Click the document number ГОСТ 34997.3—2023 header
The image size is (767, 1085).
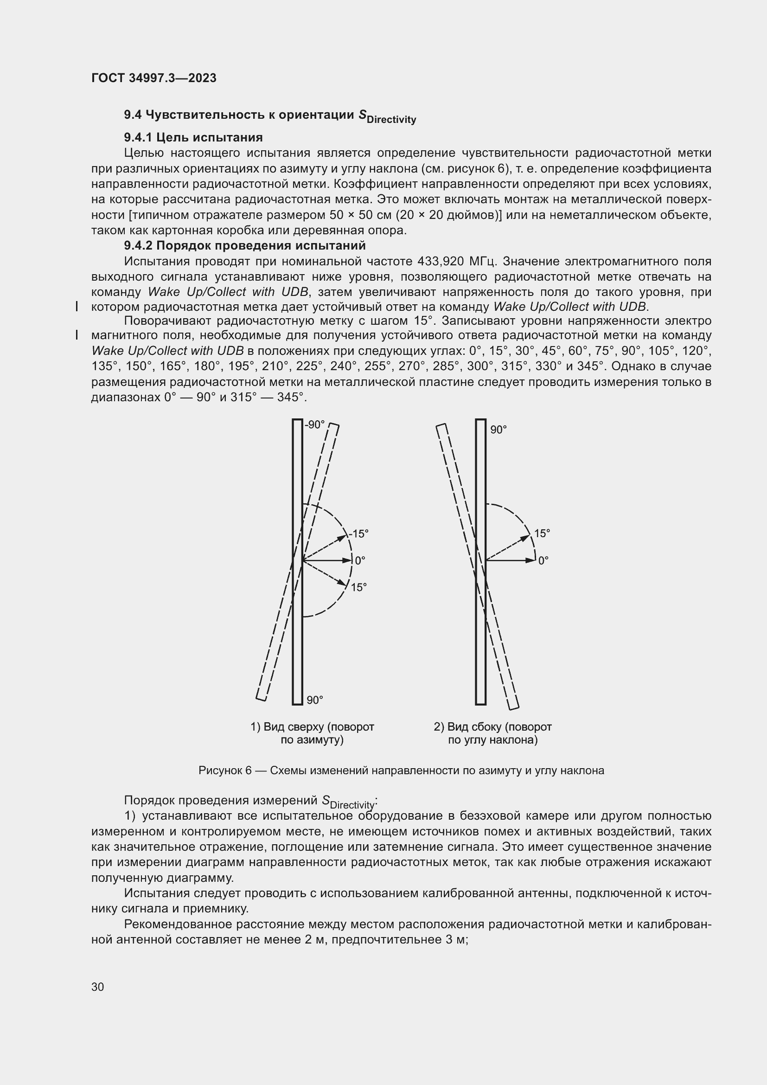pos(154,78)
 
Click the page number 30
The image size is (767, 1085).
pos(98,987)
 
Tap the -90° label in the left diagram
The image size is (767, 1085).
pos(314,425)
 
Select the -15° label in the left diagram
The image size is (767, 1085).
pos(358,534)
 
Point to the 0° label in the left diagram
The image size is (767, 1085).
pos(360,560)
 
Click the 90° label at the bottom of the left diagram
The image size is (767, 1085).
pos(314,700)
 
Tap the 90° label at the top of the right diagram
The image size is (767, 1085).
pos(498,430)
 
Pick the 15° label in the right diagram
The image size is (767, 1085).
pos(542,533)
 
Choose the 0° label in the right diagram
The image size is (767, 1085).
pos(543,560)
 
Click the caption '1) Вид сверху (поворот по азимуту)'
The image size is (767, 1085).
pos(312,733)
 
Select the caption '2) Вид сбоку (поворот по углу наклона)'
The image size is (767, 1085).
pos(492,733)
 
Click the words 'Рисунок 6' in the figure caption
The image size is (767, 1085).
pos(225,771)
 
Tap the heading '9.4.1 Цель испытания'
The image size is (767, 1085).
pos(193,137)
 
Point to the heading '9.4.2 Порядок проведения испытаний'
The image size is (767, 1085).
pos(245,246)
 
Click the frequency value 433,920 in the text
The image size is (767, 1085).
pos(441,261)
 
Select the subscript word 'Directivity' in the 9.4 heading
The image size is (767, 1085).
pos(391,120)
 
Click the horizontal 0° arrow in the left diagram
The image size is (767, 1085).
pos(327,560)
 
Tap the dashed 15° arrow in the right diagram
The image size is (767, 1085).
pos(508,548)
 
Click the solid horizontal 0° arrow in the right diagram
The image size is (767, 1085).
pos(510,560)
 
